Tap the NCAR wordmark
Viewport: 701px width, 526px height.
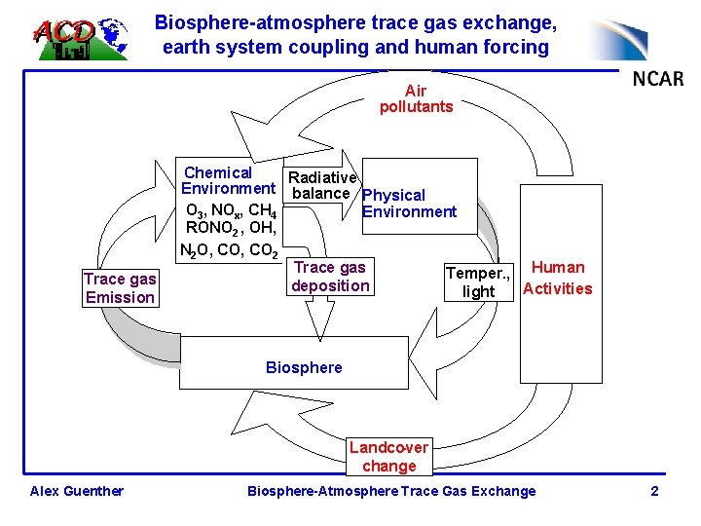coord(657,79)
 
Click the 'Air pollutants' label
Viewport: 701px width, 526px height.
coord(416,99)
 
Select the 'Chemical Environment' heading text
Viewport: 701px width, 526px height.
coord(229,180)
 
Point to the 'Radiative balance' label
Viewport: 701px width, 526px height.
coord(322,185)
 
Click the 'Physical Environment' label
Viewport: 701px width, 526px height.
coord(407,204)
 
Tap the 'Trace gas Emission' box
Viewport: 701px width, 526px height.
coord(120,288)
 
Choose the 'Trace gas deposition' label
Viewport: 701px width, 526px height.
coord(330,277)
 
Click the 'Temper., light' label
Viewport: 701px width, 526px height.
coord(478,282)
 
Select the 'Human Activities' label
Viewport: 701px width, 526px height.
coord(558,278)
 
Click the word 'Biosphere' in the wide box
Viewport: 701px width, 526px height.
coord(304,367)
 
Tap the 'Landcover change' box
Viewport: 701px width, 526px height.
coord(388,457)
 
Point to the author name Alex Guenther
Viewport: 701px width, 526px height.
coord(77,491)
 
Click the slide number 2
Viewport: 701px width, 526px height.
coord(655,491)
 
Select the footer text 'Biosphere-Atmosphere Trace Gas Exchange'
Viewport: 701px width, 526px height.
coord(391,491)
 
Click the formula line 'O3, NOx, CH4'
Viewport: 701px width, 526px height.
coord(231,210)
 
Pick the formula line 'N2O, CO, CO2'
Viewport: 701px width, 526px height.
coord(229,250)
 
